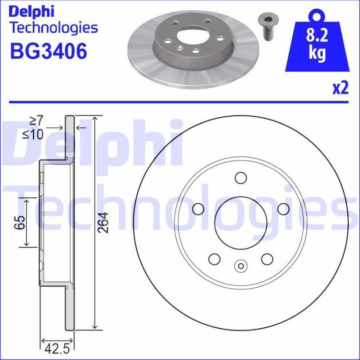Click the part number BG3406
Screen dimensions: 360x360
(x=49, y=52)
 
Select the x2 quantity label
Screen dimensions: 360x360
(x=340, y=88)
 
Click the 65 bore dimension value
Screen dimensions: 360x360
(x=19, y=223)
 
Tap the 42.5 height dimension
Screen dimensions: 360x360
(x=57, y=350)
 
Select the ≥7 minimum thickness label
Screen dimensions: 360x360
(x=36, y=121)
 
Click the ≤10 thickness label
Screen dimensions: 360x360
(x=34, y=134)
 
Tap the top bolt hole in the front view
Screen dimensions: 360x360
(x=240, y=178)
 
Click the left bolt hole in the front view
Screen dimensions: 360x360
(x=198, y=209)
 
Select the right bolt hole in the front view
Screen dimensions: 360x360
(x=283, y=209)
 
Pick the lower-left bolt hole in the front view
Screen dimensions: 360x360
(x=214, y=259)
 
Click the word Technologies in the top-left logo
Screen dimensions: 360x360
(x=54, y=28)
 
